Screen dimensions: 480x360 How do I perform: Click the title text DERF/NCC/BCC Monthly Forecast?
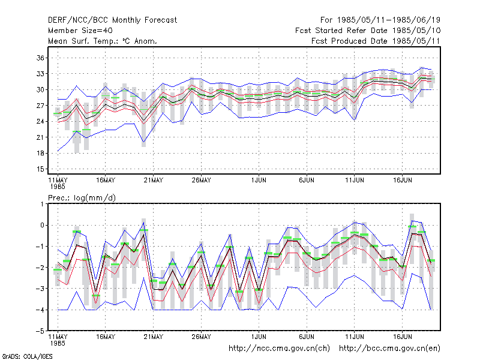click(112, 20)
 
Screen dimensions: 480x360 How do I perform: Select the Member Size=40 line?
click(80, 31)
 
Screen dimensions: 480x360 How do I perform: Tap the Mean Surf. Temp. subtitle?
click(103, 41)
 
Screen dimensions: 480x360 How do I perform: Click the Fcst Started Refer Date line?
click(368, 31)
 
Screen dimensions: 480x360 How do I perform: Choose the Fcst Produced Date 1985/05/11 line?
click(376, 41)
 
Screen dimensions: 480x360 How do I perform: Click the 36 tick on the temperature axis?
click(40, 58)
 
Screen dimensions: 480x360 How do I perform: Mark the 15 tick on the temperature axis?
click(40, 169)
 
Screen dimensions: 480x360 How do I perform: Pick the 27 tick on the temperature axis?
click(40, 106)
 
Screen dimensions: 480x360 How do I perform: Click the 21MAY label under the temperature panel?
click(154, 181)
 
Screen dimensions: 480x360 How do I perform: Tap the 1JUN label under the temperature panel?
click(259, 181)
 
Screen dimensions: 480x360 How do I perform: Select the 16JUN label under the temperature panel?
click(402, 181)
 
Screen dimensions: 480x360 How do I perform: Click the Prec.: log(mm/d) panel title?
click(82, 198)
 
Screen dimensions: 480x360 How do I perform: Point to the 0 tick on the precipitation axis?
click(43, 226)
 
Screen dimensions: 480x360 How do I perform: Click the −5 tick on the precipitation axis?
click(40, 331)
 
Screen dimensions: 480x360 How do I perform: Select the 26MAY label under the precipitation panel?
click(201, 337)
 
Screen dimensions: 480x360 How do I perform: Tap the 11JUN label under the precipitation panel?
click(355, 337)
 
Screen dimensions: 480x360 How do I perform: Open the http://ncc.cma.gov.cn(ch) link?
click(279, 349)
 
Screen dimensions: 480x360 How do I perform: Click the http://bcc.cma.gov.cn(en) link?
click(389, 349)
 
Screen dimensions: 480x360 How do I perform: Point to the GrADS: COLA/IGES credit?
click(27, 356)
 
